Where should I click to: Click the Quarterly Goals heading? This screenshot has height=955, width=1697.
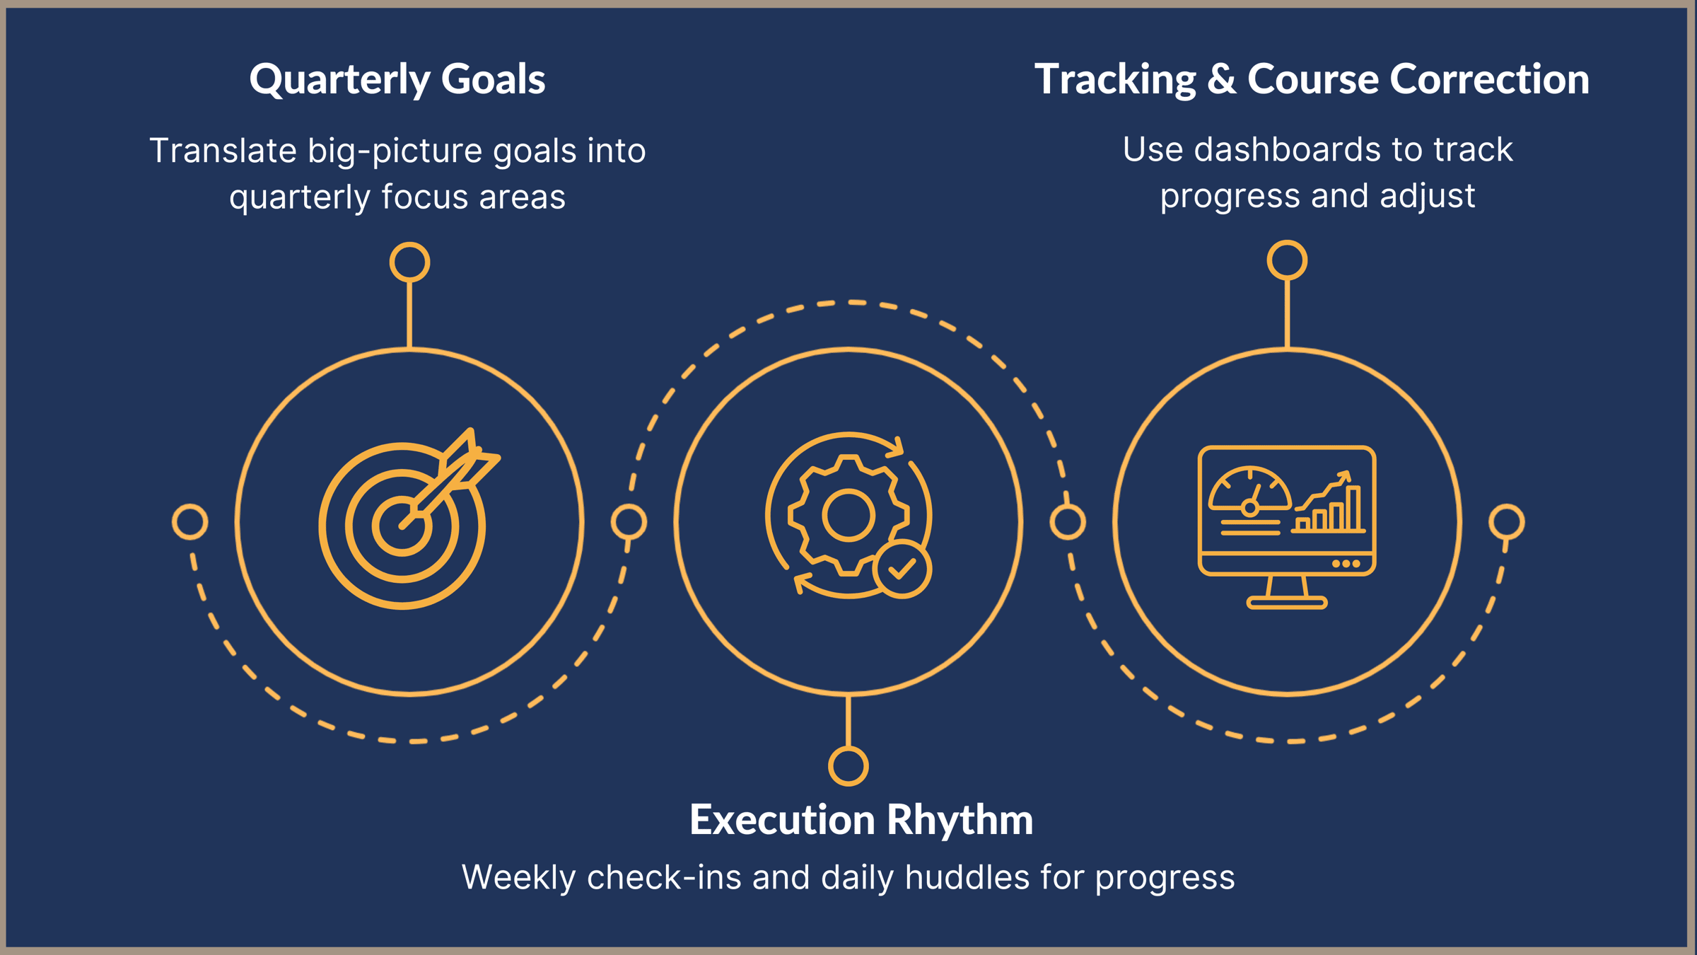[397, 79]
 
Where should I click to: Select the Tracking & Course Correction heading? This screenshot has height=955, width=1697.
[1312, 79]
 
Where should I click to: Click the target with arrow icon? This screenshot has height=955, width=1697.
[409, 519]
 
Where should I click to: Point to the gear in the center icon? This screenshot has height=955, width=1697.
[848, 515]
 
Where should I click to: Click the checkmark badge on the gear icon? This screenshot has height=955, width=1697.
[902, 569]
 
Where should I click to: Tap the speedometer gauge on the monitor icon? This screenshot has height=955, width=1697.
[1249, 490]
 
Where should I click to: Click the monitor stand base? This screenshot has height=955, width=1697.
[1287, 603]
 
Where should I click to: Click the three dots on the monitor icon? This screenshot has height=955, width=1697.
[1346, 564]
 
